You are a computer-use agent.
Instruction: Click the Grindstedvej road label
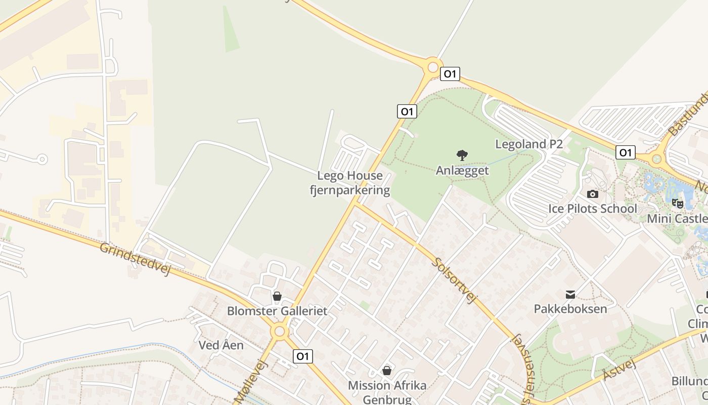coord(135,259)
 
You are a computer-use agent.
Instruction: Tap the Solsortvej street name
coord(455,280)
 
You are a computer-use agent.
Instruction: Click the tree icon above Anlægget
coord(462,155)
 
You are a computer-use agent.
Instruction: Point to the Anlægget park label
coord(462,171)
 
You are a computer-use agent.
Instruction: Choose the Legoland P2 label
coord(528,144)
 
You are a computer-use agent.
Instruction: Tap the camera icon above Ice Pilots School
coord(592,194)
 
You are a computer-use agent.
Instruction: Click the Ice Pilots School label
coord(592,209)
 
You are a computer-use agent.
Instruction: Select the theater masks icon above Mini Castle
coord(678,204)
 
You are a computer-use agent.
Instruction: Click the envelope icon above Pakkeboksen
coord(570,294)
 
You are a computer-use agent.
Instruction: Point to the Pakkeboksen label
coord(570,308)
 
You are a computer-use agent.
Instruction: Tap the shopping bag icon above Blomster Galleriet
coord(277,296)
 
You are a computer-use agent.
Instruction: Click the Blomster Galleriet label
coord(277,311)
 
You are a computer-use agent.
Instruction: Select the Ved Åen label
coord(221,345)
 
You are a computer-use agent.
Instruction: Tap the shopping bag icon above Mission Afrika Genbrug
coord(387,371)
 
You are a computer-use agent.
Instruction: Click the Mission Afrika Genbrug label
coord(387,392)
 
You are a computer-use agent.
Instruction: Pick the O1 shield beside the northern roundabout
coord(449,74)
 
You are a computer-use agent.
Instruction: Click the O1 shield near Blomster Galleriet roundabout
coord(302,356)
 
